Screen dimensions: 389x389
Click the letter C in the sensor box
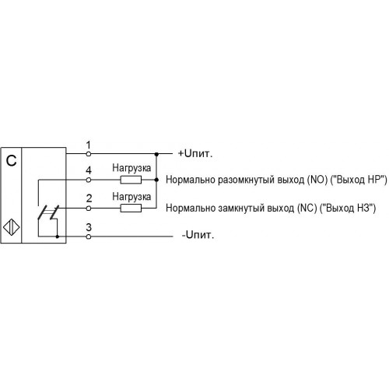[x=11, y=161]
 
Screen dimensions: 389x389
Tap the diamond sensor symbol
[x=12, y=227]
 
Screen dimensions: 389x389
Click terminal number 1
[x=89, y=145]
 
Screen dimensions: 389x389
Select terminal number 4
[x=89, y=170]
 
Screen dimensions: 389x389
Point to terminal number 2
[x=89, y=198]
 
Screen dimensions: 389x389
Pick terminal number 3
[x=89, y=227]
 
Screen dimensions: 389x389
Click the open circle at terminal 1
[x=89, y=154]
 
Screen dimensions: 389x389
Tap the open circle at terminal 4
[x=89, y=180]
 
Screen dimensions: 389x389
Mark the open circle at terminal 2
[x=89, y=208]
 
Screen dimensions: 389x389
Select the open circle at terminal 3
[x=89, y=237]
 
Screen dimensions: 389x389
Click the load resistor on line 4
[x=131, y=180]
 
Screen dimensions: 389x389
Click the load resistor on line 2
[x=131, y=208]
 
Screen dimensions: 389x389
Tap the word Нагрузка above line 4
[x=131, y=168]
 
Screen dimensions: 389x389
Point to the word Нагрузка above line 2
[x=131, y=197]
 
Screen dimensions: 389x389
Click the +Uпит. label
[x=195, y=153]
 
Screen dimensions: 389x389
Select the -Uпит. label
[x=198, y=235]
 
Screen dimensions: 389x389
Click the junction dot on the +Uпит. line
[x=156, y=154]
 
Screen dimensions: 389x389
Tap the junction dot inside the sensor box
[x=58, y=237]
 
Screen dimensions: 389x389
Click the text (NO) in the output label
[x=317, y=180]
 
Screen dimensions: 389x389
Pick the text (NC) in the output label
[x=307, y=208]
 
